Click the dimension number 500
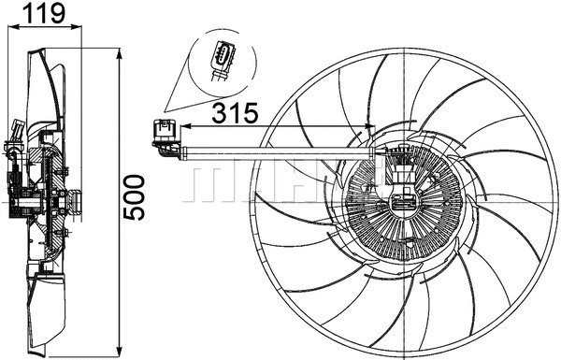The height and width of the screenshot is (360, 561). pyautogui.click(x=137, y=196)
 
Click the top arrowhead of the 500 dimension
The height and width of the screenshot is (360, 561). pyautogui.click(x=120, y=52)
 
